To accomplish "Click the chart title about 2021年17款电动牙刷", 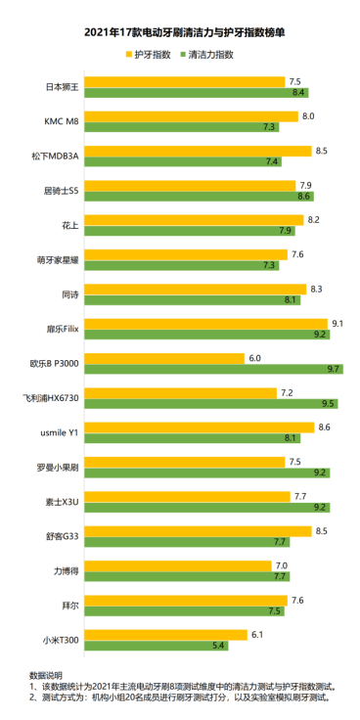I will click(x=179, y=32).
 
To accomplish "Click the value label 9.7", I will click(x=336, y=369).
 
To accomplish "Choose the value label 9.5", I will click(x=330, y=403).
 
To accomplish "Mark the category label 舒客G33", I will click(x=63, y=536).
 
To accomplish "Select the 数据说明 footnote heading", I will click(x=46, y=675).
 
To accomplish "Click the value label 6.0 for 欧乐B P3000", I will click(x=254, y=358).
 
